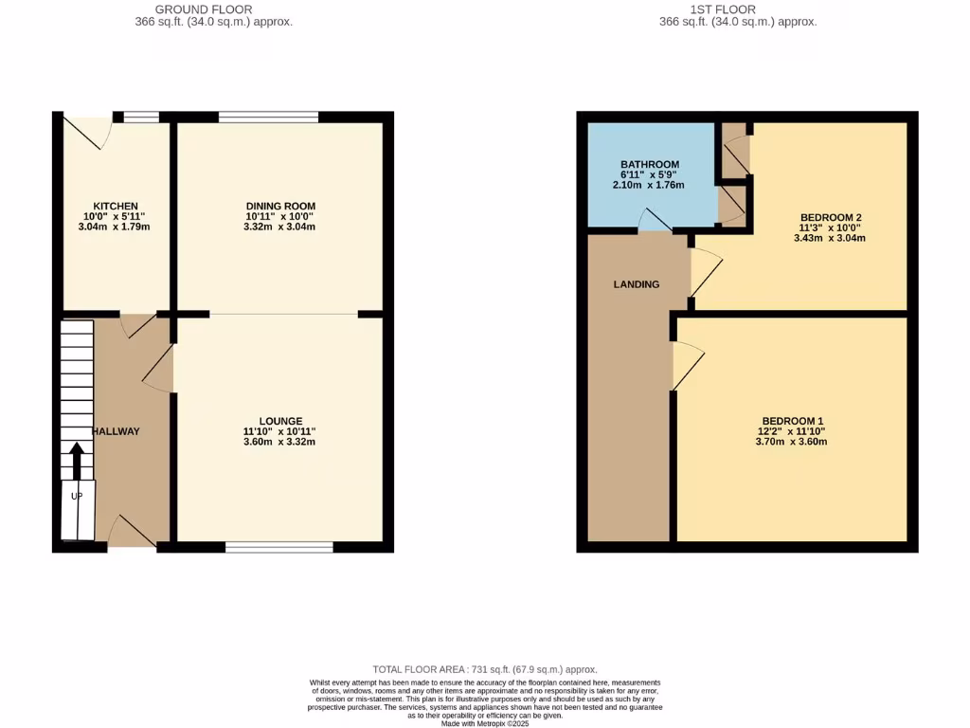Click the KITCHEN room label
coord(116,206)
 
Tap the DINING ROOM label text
coord(280,206)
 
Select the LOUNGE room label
coord(280,421)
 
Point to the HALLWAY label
coord(116,431)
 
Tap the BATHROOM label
coord(650,164)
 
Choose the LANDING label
coord(636,284)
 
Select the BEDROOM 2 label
coord(830,217)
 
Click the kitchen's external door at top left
coord(84,133)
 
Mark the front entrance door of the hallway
coord(132,533)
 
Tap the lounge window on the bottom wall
coord(278,546)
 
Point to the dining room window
coord(268,118)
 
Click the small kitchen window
coord(141,118)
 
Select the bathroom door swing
coord(655,220)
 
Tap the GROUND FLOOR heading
coord(204,9)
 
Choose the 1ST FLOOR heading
coord(723,9)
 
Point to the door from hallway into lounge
coord(159,368)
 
